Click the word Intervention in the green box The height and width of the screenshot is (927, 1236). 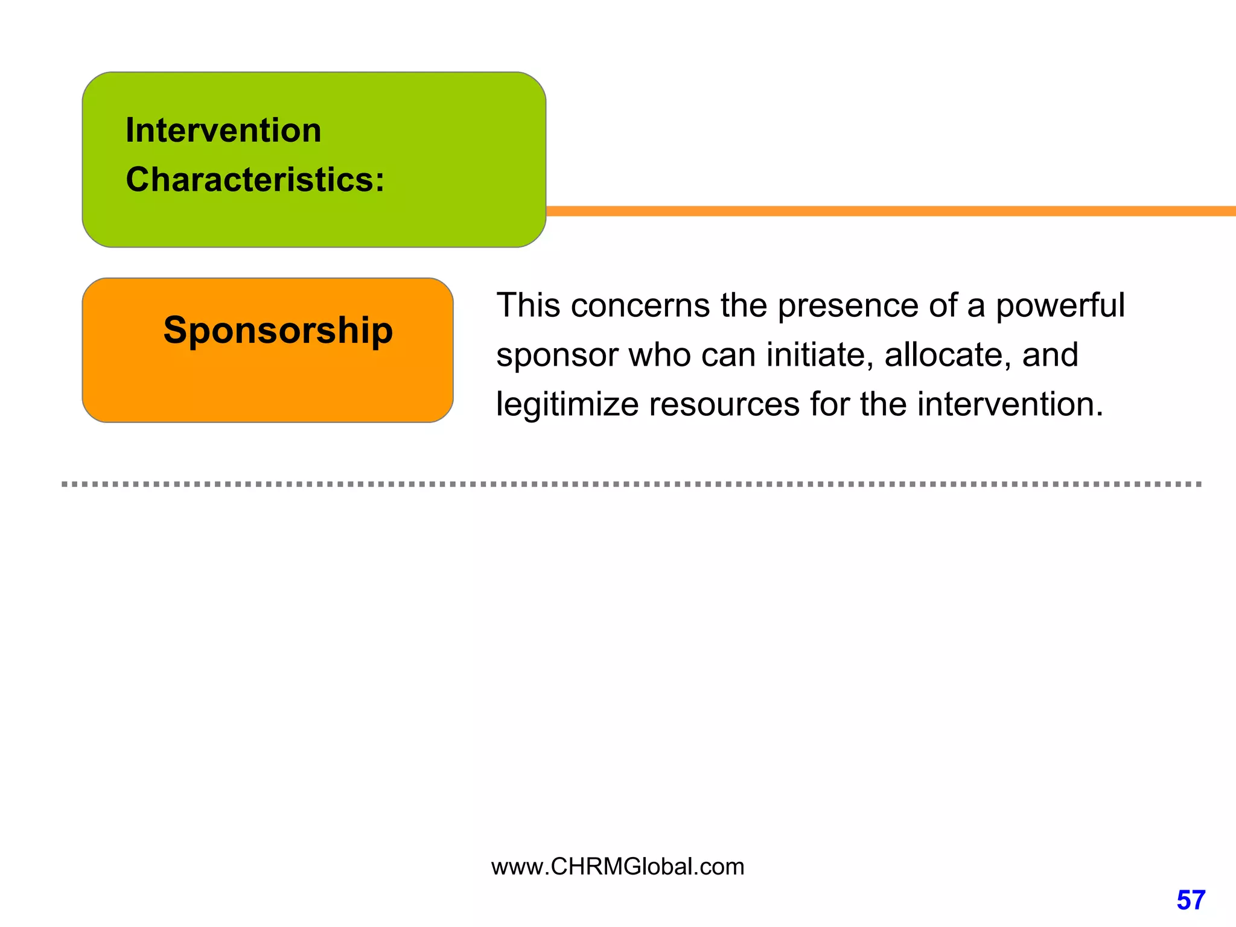click(223, 130)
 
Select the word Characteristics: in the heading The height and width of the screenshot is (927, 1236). click(255, 180)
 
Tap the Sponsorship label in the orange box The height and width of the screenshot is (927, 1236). click(278, 330)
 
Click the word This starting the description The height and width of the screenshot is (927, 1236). click(528, 305)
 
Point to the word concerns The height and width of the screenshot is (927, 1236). click(640, 305)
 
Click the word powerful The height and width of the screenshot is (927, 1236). click(1060, 305)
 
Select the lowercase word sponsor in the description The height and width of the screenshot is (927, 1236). click(557, 355)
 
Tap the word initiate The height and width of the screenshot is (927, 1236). click(820, 355)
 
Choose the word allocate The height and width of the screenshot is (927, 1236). click(948, 355)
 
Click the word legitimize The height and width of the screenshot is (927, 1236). click(567, 404)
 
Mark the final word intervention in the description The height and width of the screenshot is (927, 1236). click(1010, 404)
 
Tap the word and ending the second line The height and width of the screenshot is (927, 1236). click(1050, 355)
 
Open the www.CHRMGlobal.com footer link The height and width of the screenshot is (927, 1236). click(617, 867)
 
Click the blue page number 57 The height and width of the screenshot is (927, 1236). click(1191, 900)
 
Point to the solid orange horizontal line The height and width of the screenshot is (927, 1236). click(890, 211)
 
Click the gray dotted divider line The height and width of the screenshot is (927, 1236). click(631, 484)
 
